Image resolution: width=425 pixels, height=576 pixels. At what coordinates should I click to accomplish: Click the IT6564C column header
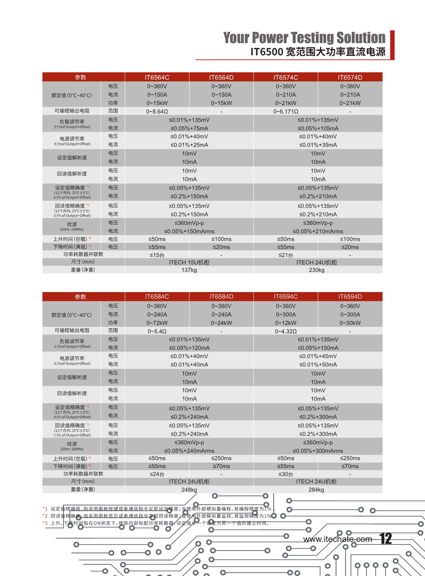tap(157, 78)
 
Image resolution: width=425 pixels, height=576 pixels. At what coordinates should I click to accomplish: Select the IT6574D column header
tap(350, 78)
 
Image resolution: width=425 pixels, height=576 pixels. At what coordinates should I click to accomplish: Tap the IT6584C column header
tap(157, 297)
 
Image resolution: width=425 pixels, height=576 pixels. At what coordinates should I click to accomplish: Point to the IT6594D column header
tap(350, 297)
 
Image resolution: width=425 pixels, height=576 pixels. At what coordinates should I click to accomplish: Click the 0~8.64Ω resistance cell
tap(157, 112)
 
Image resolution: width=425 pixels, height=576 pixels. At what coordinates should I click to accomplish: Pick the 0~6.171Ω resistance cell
tap(285, 112)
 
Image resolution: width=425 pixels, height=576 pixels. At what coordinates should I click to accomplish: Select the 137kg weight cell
tap(189, 270)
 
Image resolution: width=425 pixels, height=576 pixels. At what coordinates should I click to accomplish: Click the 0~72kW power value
tap(157, 323)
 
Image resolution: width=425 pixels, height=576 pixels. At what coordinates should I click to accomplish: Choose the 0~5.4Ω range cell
tap(157, 331)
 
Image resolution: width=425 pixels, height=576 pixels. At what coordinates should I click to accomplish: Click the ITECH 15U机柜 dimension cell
tap(189, 262)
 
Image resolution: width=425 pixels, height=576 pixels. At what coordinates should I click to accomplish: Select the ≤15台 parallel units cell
tap(157, 255)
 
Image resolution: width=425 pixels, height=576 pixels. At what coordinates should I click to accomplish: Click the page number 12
tap(386, 539)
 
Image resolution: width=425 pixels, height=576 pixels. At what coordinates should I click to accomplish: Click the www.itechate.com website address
tap(337, 539)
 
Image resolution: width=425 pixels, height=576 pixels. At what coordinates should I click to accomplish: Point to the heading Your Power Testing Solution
tap(304, 38)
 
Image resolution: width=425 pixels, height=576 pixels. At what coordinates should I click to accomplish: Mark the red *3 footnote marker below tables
tap(45, 523)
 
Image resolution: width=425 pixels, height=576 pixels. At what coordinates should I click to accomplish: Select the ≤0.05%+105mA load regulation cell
tap(318, 129)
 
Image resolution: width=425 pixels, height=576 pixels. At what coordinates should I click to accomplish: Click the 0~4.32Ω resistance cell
tap(285, 331)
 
